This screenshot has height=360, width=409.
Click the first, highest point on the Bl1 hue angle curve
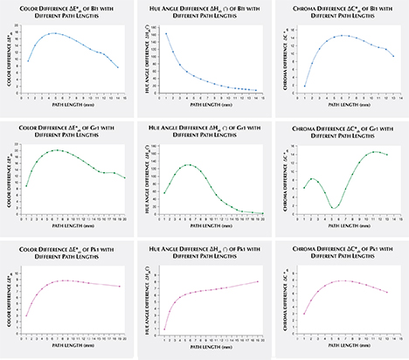coord(167,34)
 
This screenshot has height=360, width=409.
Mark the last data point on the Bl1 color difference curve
coord(119,67)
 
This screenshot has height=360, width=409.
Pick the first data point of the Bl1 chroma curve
coord(304,86)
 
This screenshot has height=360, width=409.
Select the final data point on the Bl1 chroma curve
coord(394,56)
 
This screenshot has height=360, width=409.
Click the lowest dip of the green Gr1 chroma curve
coord(335,208)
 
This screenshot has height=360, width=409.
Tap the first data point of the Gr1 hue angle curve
coord(166,193)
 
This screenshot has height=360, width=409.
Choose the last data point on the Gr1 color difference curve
coord(126,178)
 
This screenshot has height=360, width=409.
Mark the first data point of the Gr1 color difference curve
coord(27,186)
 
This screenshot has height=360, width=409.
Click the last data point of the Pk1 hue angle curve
coord(258,281)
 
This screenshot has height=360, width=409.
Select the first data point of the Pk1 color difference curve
coord(27,315)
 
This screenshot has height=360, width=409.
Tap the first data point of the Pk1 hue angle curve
coord(166,329)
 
